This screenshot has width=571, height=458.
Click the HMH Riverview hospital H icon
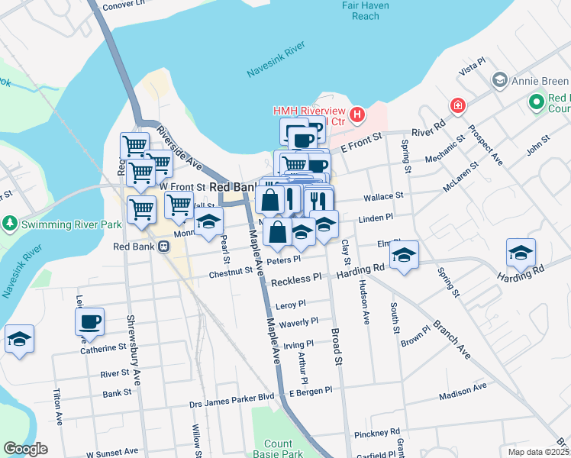[x=356, y=116]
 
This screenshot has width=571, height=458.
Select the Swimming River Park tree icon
[x=10, y=224]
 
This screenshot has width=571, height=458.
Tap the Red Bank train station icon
[x=163, y=246]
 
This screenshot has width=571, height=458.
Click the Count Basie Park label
[x=278, y=449]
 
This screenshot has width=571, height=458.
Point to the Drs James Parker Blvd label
[x=232, y=396]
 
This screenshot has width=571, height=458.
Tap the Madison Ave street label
[x=463, y=390]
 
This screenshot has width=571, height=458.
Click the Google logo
[x=25, y=449]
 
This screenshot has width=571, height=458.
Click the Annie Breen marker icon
[x=500, y=80]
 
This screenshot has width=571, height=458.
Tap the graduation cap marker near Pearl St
[x=208, y=221]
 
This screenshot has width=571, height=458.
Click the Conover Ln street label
[x=123, y=4]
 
